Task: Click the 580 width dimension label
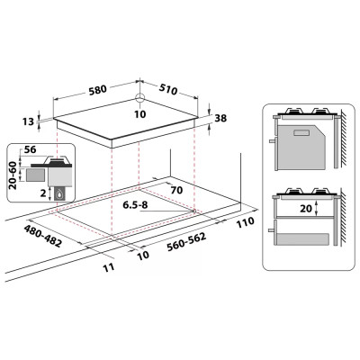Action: [x=97, y=89]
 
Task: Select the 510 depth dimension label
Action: [x=168, y=89]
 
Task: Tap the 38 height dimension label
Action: [x=220, y=118]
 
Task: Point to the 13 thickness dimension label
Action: [x=28, y=121]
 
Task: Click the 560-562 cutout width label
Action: [x=186, y=241]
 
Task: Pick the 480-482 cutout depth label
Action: [x=43, y=236]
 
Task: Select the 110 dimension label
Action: [x=245, y=222]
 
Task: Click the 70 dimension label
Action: [x=176, y=190]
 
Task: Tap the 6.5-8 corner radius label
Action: [x=135, y=205]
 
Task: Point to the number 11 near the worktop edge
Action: [x=109, y=267]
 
